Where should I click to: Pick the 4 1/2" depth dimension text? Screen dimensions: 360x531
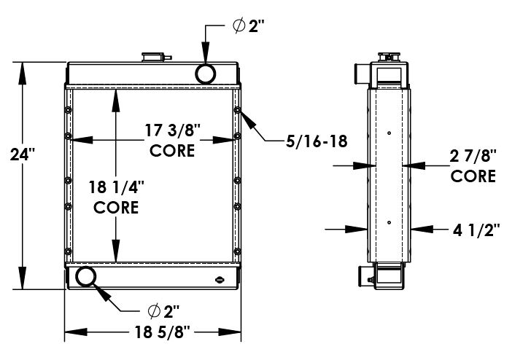click(476, 230)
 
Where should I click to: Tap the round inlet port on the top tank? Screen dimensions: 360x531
click(206, 73)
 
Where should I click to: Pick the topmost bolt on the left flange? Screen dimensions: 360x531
click(68, 111)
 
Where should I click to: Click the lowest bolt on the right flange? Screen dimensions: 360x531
click(237, 251)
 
